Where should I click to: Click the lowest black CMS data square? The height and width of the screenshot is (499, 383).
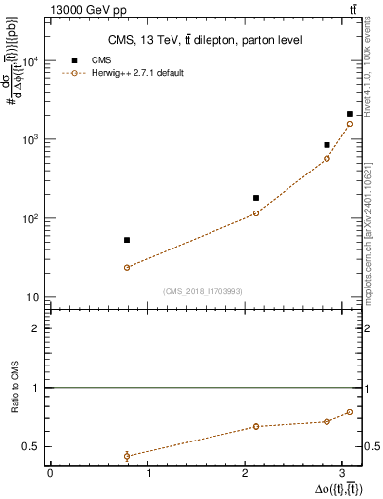(x=127, y=240)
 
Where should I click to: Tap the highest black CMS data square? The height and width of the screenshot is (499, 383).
(x=350, y=114)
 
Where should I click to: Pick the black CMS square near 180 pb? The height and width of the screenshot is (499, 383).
(x=256, y=198)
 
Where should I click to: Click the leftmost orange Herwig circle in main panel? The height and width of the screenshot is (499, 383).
(x=127, y=267)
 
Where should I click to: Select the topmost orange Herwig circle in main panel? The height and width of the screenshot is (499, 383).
(x=350, y=124)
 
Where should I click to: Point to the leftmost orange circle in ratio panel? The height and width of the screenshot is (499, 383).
(x=127, y=456)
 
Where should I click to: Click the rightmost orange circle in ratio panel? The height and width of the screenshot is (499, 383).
(x=350, y=412)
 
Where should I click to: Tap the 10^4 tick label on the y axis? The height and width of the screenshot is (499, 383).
(x=30, y=61)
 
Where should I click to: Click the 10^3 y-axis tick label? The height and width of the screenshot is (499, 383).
(x=30, y=140)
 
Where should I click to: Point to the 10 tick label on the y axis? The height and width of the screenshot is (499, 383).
(x=33, y=297)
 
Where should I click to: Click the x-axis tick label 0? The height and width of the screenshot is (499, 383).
(x=50, y=475)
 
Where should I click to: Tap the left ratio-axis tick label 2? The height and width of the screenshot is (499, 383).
(x=37, y=328)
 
